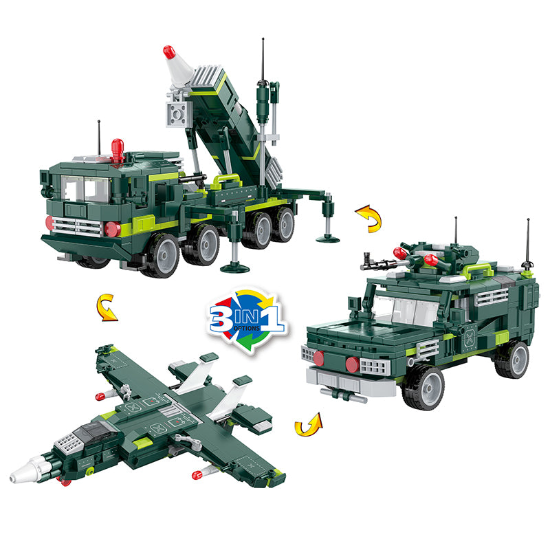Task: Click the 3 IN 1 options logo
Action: (x=248, y=320)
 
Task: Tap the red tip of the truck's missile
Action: (x=169, y=52)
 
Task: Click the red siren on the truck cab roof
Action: (x=118, y=150)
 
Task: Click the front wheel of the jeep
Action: (x=423, y=387)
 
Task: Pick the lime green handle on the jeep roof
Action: (x=478, y=270)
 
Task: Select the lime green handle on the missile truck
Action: (x=228, y=181)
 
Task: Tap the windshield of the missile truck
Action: (x=85, y=188)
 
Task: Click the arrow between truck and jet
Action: (x=105, y=308)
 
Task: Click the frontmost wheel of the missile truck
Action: (x=162, y=255)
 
